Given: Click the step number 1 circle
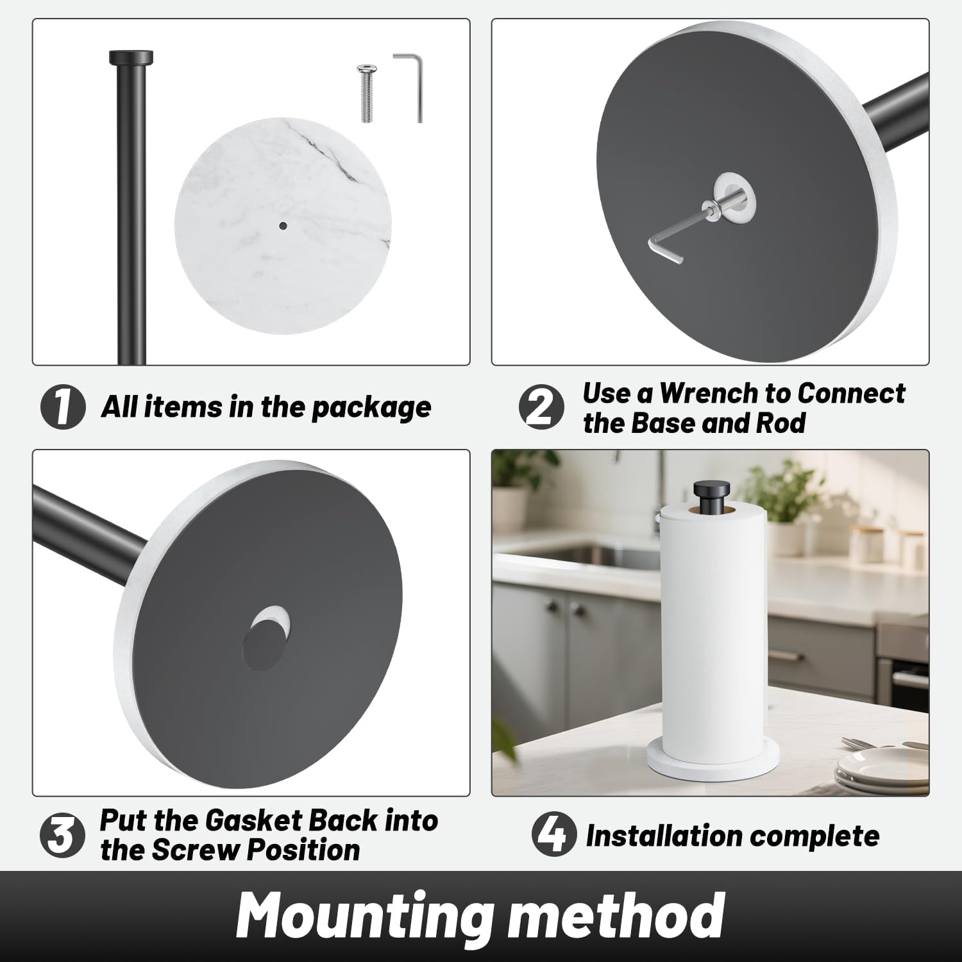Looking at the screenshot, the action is [63, 407].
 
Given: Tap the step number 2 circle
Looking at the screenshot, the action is [542, 407].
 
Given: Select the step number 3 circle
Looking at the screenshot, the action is [63, 836].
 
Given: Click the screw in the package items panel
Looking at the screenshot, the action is [366, 93].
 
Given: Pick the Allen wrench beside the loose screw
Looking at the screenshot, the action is [410, 87].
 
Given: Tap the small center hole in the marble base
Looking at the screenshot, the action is [283, 225].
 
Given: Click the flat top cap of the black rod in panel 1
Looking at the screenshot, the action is [131, 57].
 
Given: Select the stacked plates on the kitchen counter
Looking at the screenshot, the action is [883, 767].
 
